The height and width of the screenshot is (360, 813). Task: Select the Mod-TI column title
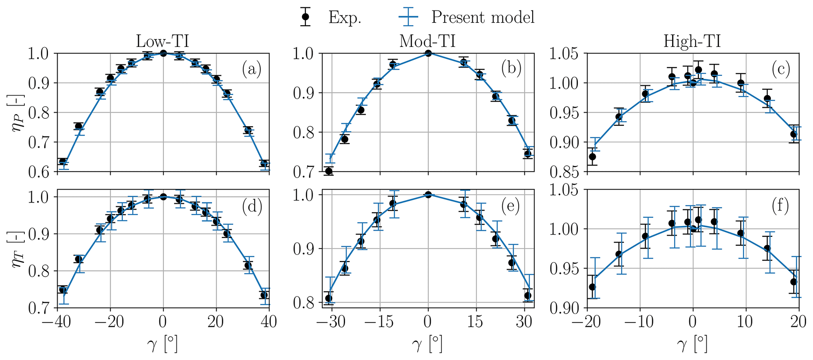[427, 41]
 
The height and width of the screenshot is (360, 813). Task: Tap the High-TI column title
[692, 41]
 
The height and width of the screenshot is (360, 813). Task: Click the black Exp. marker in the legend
[305, 17]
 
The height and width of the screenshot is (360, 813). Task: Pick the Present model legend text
[483, 17]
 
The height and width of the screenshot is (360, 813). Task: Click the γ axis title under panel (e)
[427, 345]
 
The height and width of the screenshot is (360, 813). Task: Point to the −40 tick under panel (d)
[57, 321]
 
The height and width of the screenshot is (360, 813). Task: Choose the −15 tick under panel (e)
[380, 321]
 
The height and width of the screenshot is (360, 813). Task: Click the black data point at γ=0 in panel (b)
[428, 53]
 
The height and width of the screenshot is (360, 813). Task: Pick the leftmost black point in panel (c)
[592, 157]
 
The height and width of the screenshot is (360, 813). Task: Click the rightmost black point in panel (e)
[527, 295]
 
